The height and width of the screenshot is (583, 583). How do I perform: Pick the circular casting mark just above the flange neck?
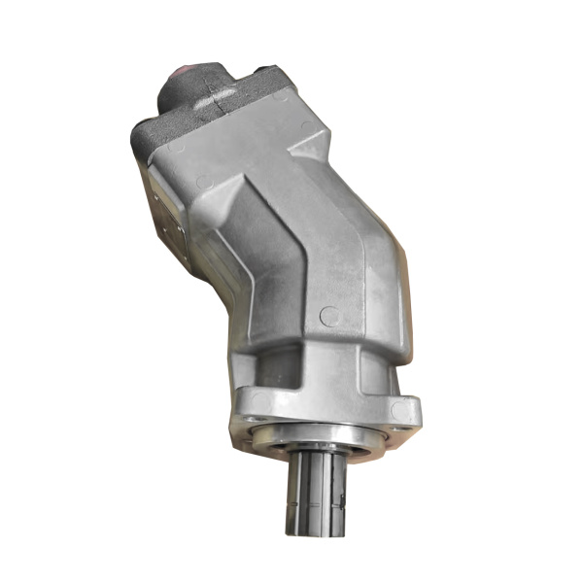pyautogui.click(x=330, y=316)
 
